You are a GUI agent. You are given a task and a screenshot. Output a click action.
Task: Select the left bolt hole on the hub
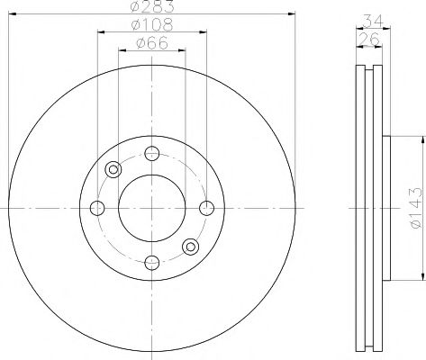(97, 208)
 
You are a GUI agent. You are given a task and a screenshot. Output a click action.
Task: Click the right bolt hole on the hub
(207, 208)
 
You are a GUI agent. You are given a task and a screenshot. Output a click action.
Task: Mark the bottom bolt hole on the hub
(152, 263)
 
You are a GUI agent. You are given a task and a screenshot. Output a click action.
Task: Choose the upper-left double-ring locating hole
(113, 169)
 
